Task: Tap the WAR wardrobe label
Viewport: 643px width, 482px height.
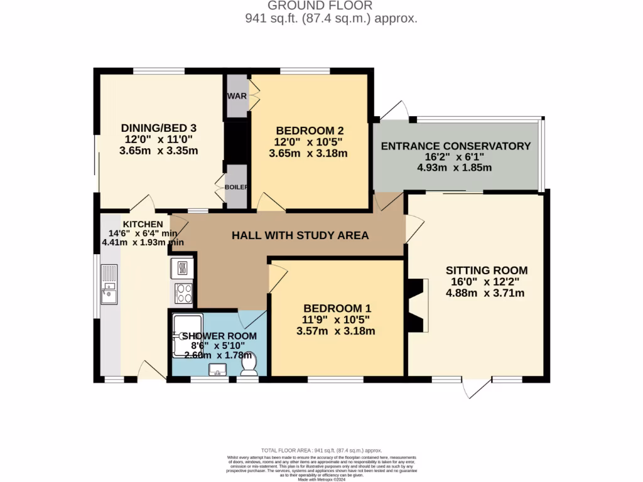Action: [236, 96]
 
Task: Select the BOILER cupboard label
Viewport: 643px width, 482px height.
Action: [236, 187]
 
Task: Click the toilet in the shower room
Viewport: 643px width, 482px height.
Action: [249, 363]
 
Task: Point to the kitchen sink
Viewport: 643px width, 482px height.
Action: [109, 293]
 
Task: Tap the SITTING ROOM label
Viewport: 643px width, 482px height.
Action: [487, 270]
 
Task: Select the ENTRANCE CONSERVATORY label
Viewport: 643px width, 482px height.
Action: [456, 146]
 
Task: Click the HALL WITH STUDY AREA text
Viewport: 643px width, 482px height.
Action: [300, 236]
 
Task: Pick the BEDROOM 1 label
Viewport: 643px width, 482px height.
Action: [337, 308]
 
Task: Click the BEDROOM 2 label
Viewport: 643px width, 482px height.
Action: [309, 131]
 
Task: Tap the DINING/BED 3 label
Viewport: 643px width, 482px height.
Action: [159, 129]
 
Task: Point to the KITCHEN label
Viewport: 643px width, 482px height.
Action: [143, 224]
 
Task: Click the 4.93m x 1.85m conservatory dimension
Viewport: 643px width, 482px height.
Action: [454, 168]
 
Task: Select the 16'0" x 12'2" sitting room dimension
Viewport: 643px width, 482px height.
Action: [487, 282]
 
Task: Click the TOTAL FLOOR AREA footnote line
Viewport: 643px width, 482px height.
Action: [321, 451]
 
